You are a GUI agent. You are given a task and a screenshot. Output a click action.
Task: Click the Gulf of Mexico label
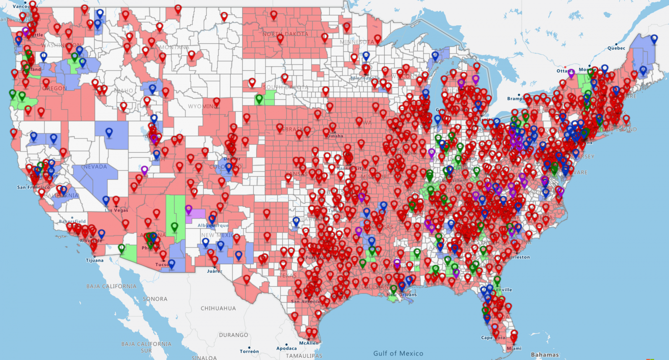[398, 353]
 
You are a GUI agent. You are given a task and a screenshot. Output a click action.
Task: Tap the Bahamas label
[544, 354]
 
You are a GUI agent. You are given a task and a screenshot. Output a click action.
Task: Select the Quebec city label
[616, 48]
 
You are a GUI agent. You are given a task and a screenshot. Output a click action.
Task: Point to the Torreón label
[249, 351]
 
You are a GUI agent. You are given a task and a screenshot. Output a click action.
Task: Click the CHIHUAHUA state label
[218, 308]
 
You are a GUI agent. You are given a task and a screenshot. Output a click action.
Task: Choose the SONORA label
[155, 299]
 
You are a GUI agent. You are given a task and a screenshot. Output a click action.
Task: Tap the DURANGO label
[233, 335]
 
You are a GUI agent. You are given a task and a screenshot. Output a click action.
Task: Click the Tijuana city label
[95, 260]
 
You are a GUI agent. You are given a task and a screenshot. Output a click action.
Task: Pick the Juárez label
[214, 271]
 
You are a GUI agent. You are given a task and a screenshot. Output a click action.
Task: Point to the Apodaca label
[286, 348]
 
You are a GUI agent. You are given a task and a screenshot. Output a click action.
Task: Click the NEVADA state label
[95, 167]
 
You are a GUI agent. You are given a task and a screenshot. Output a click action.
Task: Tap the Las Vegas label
[117, 210]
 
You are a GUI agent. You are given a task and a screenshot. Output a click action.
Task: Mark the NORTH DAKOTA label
[285, 34]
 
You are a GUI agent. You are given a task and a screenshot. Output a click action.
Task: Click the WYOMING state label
[203, 106]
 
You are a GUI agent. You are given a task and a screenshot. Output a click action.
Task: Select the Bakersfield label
[73, 222]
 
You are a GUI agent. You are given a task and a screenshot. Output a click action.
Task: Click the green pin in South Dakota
[259, 99]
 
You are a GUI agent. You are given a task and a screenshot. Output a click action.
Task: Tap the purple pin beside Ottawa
[571, 73]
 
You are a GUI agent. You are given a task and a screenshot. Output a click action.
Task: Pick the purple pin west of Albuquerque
[189, 209]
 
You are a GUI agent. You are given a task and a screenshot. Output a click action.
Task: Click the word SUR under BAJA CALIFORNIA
[146, 350]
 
